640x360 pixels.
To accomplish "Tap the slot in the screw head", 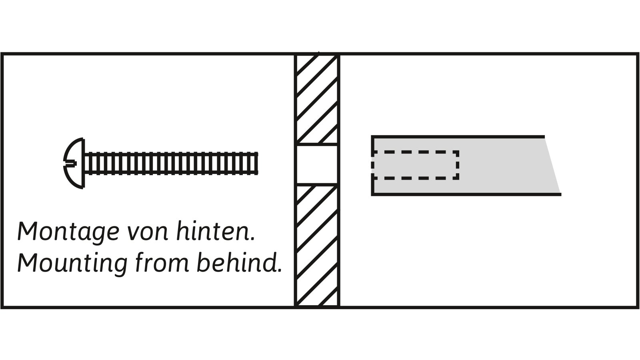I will click(70, 163).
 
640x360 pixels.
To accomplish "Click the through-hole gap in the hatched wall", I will click(317, 164).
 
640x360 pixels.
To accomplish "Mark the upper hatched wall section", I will click(317, 100).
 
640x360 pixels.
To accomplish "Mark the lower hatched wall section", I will click(317, 244).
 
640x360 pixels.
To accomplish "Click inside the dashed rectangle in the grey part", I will click(416, 165).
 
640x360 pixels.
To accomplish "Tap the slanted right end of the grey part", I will click(553, 166).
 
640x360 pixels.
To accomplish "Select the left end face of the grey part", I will click(373, 166).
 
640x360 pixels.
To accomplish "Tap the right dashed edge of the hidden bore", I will click(458, 165).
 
